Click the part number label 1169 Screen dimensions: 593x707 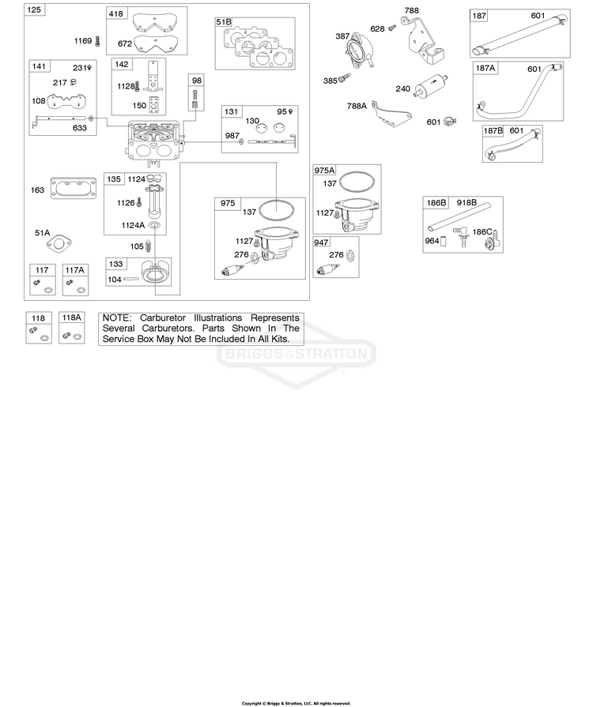point(83,41)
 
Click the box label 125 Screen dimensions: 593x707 point(34,9)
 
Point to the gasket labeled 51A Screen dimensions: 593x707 point(59,244)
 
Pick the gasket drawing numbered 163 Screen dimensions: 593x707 point(74,189)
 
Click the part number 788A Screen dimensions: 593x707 point(357,106)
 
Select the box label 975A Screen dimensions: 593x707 point(324,170)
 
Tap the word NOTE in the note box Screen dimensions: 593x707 point(116,318)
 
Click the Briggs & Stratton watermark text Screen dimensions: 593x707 point(296,353)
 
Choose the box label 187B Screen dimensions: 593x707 point(493,131)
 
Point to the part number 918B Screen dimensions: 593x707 point(466,202)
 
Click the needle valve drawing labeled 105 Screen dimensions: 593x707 point(149,246)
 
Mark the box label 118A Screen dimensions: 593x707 point(71,318)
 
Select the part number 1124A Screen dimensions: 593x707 point(133,225)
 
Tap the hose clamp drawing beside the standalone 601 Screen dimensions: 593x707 point(450,121)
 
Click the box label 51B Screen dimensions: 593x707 point(224,22)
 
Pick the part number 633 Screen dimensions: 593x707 point(79,128)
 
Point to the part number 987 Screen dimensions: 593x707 point(232,136)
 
